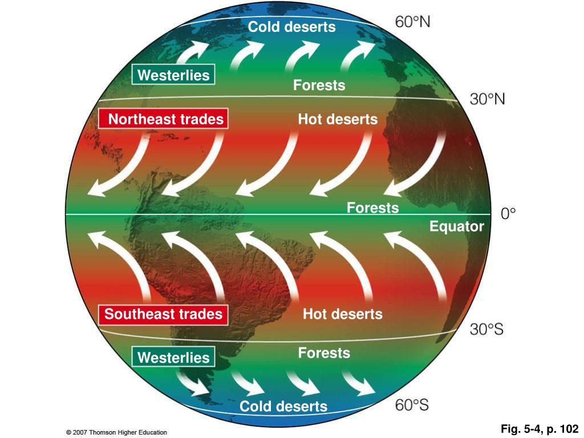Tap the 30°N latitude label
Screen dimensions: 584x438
[487, 99]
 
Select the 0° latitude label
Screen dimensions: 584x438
[508, 214]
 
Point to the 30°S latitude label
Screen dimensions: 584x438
[486, 330]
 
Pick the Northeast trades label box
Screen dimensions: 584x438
[163, 119]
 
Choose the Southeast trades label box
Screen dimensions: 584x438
[163, 314]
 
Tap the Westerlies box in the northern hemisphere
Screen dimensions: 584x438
[173, 75]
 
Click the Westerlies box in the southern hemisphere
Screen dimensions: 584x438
[173, 358]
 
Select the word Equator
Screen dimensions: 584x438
[457, 226]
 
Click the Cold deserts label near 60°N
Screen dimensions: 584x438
[291, 27]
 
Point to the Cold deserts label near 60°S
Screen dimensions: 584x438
[283, 407]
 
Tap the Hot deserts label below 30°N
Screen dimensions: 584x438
[338, 119]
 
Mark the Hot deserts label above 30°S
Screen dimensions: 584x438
[342, 314]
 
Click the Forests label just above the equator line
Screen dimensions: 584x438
[372, 208]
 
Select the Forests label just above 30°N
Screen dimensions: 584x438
[319, 86]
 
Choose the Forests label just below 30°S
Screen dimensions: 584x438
[324, 353]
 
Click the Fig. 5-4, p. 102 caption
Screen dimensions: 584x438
[540, 428]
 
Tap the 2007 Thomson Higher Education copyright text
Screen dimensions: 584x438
[116, 432]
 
